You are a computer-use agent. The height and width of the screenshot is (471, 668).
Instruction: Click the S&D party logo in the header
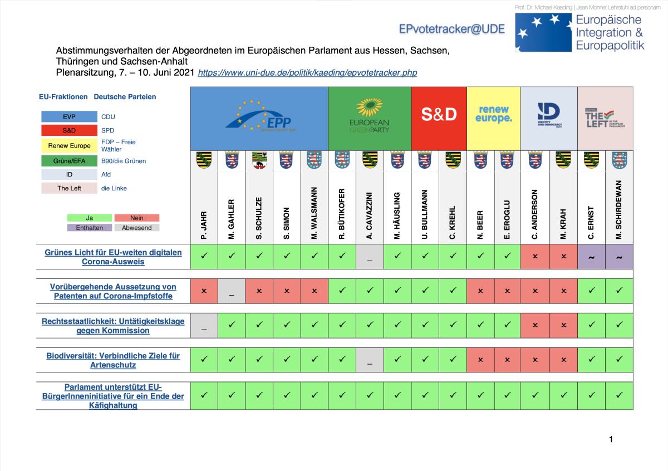pos(439,114)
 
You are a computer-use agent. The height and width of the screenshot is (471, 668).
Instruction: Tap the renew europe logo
pos(493,114)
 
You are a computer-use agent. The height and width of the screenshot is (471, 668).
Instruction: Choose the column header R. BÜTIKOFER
pos(342,214)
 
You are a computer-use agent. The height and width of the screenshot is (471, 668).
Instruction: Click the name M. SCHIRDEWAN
pos(618,210)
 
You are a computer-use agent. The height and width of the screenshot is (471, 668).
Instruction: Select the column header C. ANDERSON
pos(535,214)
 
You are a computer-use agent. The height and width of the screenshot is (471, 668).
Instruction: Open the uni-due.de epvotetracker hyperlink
pos(307,72)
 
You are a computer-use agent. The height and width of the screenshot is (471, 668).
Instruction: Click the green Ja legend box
pos(90,218)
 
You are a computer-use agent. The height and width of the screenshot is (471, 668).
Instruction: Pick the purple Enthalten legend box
pos(90,227)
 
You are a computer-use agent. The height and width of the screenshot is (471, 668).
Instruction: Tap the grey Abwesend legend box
pos(137,227)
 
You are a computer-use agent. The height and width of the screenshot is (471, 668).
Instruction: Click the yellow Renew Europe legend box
pos(69,146)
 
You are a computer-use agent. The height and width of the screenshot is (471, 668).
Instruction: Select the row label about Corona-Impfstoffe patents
pos(113,291)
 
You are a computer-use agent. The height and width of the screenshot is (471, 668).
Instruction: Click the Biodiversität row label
pos(113,360)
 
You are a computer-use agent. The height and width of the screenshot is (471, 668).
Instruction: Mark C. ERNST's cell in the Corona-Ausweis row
pos(591,257)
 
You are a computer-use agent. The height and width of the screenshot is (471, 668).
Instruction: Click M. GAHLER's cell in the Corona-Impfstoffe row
pos(232,292)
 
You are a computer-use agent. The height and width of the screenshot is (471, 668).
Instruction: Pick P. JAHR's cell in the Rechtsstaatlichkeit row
pos(204,326)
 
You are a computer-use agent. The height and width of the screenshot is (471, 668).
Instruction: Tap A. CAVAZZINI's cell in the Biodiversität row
pos(370,360)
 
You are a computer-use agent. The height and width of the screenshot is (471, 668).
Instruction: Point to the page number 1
pos(611,439)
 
